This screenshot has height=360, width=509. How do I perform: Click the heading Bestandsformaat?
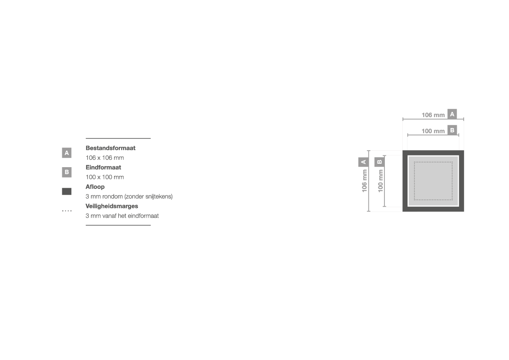click(110, 148)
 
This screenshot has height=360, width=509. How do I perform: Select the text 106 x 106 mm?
click(104, 158)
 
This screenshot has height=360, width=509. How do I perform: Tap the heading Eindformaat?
click(103, 168)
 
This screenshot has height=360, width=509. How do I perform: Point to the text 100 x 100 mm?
click(104, 177)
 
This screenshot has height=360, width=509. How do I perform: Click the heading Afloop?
click(95, 187)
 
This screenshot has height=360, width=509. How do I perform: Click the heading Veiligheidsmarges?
click(111, 206)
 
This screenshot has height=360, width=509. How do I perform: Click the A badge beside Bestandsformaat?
click(67, 153)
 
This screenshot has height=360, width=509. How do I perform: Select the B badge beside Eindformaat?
click(67, 172)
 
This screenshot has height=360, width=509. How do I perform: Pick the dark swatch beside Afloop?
click(67, 192)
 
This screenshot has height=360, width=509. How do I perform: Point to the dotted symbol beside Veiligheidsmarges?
click(67, 211)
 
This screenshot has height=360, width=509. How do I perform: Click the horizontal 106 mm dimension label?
click(433, 115)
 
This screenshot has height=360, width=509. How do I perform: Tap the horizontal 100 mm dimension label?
click(433, 131)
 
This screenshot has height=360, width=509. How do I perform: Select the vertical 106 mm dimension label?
click(364, 181)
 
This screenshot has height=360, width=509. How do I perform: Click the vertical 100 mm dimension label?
click(381, 181)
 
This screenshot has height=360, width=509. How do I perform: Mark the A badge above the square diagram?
click(452, 114)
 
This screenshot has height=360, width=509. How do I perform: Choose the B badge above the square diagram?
click(452, 130)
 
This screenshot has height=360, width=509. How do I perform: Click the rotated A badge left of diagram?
click(363, 162)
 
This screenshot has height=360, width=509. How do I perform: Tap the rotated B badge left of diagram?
click(379, 162)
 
